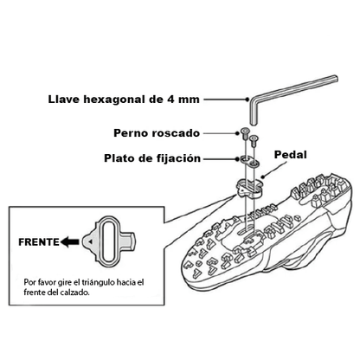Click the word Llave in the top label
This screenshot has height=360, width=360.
click(64, 100)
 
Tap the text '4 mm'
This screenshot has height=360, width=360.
click(183, 100)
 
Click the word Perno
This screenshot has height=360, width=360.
click(130, 133)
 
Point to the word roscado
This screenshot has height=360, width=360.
click(175, 133)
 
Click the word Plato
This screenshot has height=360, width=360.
click(119, 158)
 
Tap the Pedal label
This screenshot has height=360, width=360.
click(290, 154)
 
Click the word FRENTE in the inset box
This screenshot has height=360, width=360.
click(39, 242)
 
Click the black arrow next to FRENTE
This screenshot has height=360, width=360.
click(70, 241)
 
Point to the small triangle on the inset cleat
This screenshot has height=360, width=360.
click(91, 241)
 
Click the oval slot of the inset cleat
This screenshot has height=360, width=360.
click(108, 241)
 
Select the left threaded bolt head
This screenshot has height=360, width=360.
click(244, 132)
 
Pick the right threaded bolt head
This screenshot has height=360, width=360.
click(254, 138)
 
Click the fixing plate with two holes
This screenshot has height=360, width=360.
click(249, 162)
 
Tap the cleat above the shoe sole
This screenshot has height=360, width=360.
click(248, 189)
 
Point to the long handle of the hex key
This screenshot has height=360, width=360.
click(294, 87)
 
